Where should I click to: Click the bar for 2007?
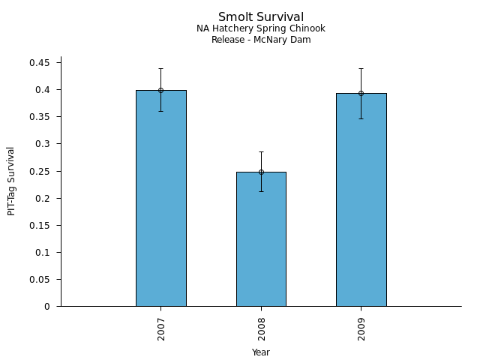(x=160, y=198)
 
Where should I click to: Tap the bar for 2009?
(x=361, y=199)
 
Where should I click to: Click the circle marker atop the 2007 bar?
(x=160, y=90)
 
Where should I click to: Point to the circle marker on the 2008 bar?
(x=261, y=172)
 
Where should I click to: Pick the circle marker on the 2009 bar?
(x=361, y=93)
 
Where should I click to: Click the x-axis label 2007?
(x=161, y=328)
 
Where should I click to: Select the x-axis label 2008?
(x=262, y=328)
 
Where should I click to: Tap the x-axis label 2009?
(x=361, y=328)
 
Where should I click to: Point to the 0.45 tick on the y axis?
(x=39, y=63)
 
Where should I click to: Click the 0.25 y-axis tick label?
(x=39, y=171)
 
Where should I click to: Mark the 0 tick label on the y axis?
(x=47, y=307)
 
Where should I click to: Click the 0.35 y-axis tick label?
(x=39, y=117)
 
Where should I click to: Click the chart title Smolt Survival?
(x=261, y=17)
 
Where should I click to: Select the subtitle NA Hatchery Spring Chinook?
(x=261, y=29)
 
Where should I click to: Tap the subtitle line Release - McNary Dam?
(x=261, y=40)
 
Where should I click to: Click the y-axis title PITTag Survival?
(x=11, y=181)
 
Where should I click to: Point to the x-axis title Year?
(x=261, y=352)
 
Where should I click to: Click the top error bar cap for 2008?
(x=261, y=151)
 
